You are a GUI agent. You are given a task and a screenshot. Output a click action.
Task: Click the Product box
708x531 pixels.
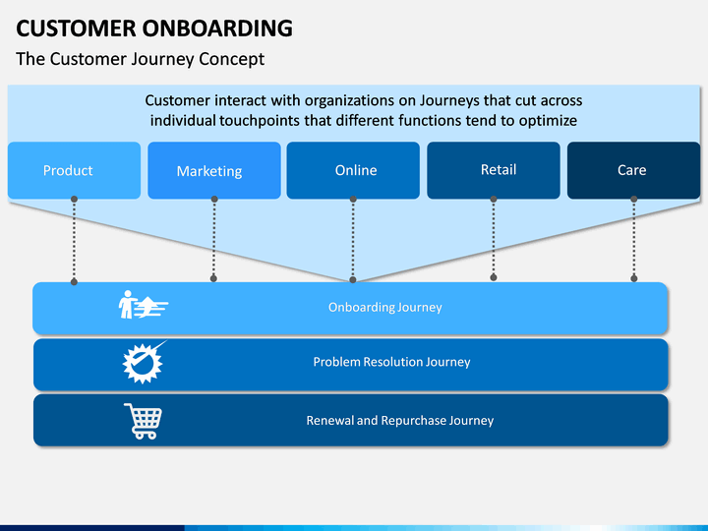point(74,170)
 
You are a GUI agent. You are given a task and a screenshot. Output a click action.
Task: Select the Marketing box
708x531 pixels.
point(214,170)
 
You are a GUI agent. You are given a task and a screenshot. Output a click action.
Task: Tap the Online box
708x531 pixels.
point(353,170)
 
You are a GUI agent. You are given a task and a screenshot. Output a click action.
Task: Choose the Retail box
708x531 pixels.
point(494,170)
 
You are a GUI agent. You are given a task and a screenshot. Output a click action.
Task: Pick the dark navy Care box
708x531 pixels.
point(633,170)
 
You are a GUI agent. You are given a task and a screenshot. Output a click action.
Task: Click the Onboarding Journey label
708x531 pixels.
point(385,308)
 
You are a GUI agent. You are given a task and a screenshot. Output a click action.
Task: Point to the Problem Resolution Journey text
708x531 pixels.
point(392,362)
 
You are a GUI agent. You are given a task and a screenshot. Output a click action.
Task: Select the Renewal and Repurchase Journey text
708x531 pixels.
point(400,421)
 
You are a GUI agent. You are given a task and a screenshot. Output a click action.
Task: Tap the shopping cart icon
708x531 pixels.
point(144,421)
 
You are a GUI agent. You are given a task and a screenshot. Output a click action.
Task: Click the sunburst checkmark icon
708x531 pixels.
point(144,363)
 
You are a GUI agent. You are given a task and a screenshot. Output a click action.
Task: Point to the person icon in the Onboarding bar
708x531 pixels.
point(127,304)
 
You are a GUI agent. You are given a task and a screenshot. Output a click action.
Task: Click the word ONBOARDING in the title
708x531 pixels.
point(217,28)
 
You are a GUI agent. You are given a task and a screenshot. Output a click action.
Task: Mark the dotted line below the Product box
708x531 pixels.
point(74,240)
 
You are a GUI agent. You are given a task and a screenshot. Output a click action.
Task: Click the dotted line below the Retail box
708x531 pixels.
point(494,238)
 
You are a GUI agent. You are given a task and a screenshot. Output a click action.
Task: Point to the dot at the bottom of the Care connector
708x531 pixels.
point(634,278)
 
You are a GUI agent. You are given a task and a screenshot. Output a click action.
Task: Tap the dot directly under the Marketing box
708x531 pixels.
point(214,199)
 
